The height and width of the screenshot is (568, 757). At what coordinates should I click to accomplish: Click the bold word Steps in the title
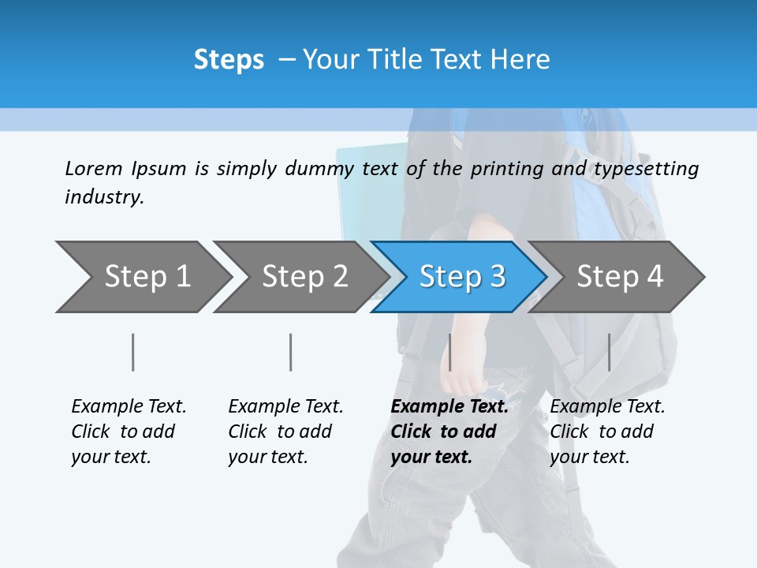click(x=229, y=60)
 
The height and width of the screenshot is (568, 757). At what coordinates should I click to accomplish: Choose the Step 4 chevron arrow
click(x=618, y=277)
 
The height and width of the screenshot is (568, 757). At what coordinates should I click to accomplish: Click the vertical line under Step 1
click(x=132, y=352)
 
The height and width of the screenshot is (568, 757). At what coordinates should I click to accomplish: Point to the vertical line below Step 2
click(x=290, y=352)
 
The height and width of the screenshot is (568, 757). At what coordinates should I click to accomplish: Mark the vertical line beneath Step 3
click(x=449, y=352)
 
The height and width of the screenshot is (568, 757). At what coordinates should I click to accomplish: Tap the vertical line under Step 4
click(x=609, y=352)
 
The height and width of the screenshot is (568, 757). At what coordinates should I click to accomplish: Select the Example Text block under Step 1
click(x=129, y=432)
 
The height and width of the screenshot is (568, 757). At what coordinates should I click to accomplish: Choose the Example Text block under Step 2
click(x=285, y=432)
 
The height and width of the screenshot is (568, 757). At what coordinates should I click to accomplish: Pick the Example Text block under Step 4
click(x=607, y=432)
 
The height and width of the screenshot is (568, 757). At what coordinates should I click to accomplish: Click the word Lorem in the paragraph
click(x=94, y=168)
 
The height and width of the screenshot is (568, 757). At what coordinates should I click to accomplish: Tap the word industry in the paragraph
click(x=104, y=196)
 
